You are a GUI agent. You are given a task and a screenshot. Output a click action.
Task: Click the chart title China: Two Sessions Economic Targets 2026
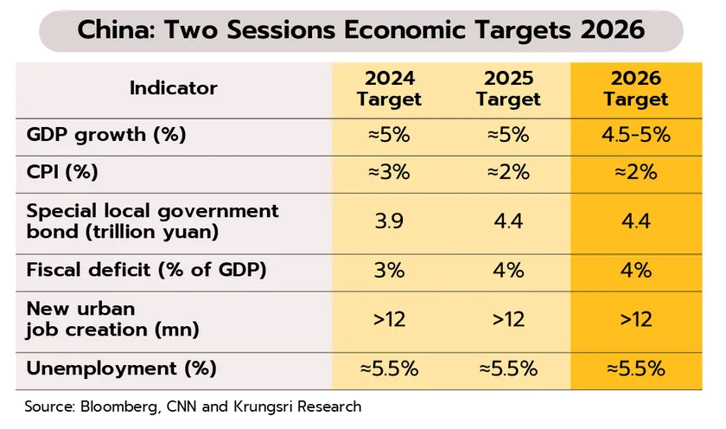coord(361,30)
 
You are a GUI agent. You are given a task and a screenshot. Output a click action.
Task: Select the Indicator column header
coord(174,87)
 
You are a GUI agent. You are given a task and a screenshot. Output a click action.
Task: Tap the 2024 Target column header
coord(389,88)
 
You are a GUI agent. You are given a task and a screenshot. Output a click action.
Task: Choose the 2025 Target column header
coord(508,88)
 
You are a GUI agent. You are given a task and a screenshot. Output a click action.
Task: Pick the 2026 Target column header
coord(636,88)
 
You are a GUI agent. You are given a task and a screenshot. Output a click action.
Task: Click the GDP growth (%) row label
coord(107,135)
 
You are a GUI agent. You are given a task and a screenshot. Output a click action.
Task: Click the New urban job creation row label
coord(112,318)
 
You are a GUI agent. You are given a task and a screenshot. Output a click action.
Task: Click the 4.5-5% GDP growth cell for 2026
coord(636,136)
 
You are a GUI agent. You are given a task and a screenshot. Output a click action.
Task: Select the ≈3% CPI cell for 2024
coord(389,172)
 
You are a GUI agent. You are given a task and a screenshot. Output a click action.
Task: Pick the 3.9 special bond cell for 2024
coord(389,221)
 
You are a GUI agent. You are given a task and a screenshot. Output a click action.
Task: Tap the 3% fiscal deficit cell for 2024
coord(389,269)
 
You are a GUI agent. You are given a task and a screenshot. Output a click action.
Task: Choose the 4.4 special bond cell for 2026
coord(636,221)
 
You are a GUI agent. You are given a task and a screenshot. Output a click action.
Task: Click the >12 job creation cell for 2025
coord(508,319)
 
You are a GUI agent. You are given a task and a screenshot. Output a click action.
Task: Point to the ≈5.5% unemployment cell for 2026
coord(636,368)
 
